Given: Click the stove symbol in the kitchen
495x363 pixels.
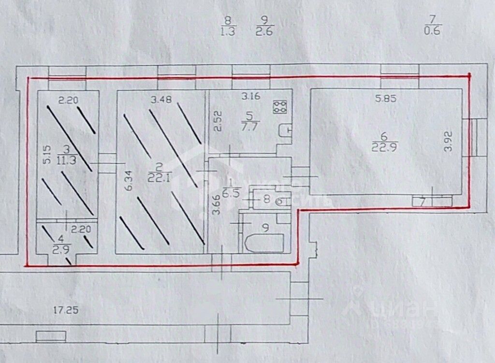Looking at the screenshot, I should [280, 107].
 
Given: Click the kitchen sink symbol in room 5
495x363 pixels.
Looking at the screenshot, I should [285, 130].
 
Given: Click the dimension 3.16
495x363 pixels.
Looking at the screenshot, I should [251, 96].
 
